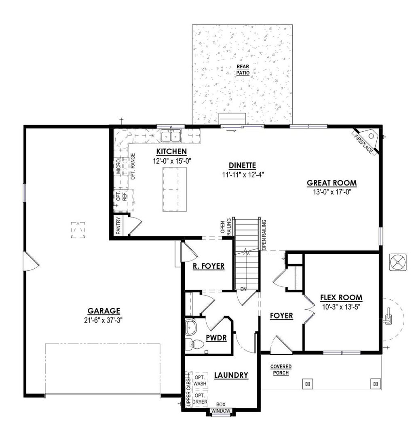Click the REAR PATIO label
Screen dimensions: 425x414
tap(243, 70)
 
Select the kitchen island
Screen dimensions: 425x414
tap(175, 189)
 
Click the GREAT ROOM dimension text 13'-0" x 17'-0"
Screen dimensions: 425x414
tap(332, 192)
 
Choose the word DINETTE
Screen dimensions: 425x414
tap(242, 165)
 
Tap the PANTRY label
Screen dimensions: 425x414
tap(118, 225)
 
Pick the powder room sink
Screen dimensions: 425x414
tap(191, 326)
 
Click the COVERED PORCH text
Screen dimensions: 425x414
tap(281, 370)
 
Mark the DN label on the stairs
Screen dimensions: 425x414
tap(243, 289)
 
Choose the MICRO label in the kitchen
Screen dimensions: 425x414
tap(118, 166)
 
